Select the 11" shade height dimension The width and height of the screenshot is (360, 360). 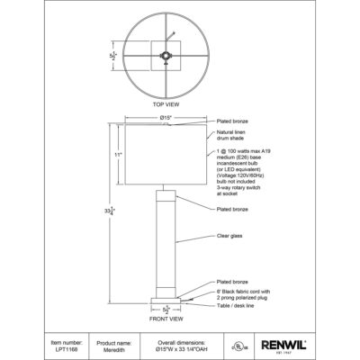[x=116, y=155]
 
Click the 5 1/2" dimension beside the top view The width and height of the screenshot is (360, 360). [x=113, y=53]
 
